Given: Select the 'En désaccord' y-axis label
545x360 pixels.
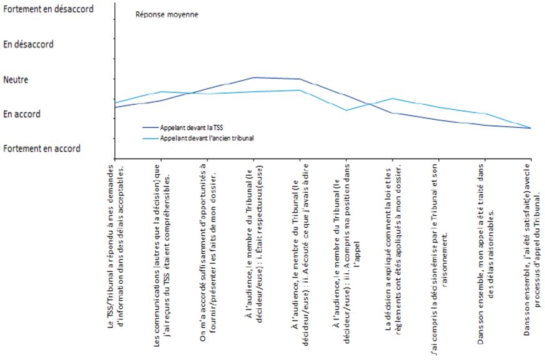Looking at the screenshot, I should (x=29, y=45).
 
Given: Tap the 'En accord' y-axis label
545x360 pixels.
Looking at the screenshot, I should (x=22, y=114).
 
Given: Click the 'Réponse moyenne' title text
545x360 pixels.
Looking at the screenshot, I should (x=167, y=14).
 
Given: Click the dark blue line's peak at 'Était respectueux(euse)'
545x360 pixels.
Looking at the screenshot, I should (x=253, y=77).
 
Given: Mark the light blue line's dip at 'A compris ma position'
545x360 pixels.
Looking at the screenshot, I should (x=346, y=110).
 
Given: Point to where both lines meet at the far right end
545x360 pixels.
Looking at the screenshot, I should (x=530, y=128).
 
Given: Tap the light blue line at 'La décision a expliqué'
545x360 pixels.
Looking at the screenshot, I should (x=392, y=99).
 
